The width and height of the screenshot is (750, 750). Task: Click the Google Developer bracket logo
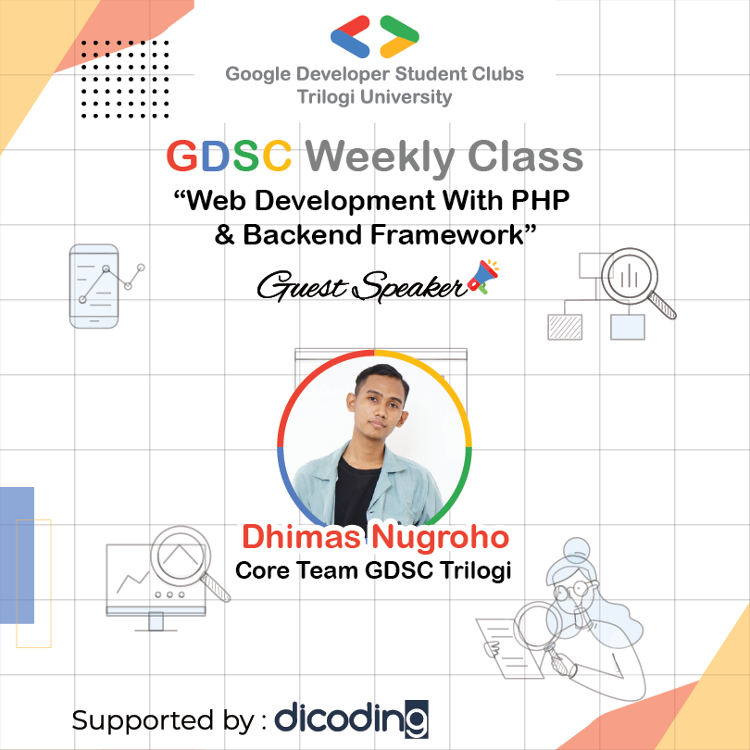click(x=374, y=36)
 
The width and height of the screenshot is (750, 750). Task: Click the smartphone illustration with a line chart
click(x=94, y=285)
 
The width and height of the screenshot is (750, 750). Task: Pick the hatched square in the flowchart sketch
click(x=564, y=327)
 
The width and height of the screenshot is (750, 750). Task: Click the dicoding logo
click(x=351, y=718)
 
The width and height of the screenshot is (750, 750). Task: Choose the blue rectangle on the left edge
click(x=17, y=556)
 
